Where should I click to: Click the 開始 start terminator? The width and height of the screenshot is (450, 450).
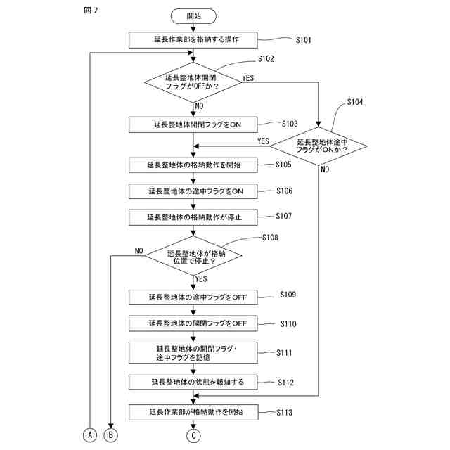click(193, 16)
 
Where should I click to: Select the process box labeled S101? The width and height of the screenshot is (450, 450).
click(193, 40)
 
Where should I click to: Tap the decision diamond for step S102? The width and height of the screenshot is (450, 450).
click(193, 82)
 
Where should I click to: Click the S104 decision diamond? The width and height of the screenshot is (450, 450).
click(319, 146)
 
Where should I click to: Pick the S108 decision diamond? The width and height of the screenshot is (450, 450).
click(193, 255)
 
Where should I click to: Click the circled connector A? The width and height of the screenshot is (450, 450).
click(90, 435)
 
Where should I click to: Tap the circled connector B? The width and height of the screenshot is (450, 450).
click(111, 435)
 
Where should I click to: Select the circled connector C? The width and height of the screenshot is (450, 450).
click(193, 436)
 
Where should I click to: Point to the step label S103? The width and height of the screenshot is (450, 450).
click(290, 124)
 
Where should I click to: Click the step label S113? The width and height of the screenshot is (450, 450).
click(284, 413)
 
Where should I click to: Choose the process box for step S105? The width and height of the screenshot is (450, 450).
click(193, 165)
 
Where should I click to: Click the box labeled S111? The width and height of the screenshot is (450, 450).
click(193, 353)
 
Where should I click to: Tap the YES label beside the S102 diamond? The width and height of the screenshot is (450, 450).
click(248, 78)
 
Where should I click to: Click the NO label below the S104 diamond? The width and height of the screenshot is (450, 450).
click(325, 169)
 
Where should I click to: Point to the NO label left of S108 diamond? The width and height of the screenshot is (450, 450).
click(139, 250)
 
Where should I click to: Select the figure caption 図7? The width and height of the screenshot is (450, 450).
click(91, 11)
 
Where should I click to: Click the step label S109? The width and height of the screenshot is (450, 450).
click(288, 295)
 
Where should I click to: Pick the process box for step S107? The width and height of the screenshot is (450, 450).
click(193, 217)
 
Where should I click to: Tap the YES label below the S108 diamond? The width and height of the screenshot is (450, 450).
click(201, 278)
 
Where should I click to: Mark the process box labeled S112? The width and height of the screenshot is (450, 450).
click(193, 382)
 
